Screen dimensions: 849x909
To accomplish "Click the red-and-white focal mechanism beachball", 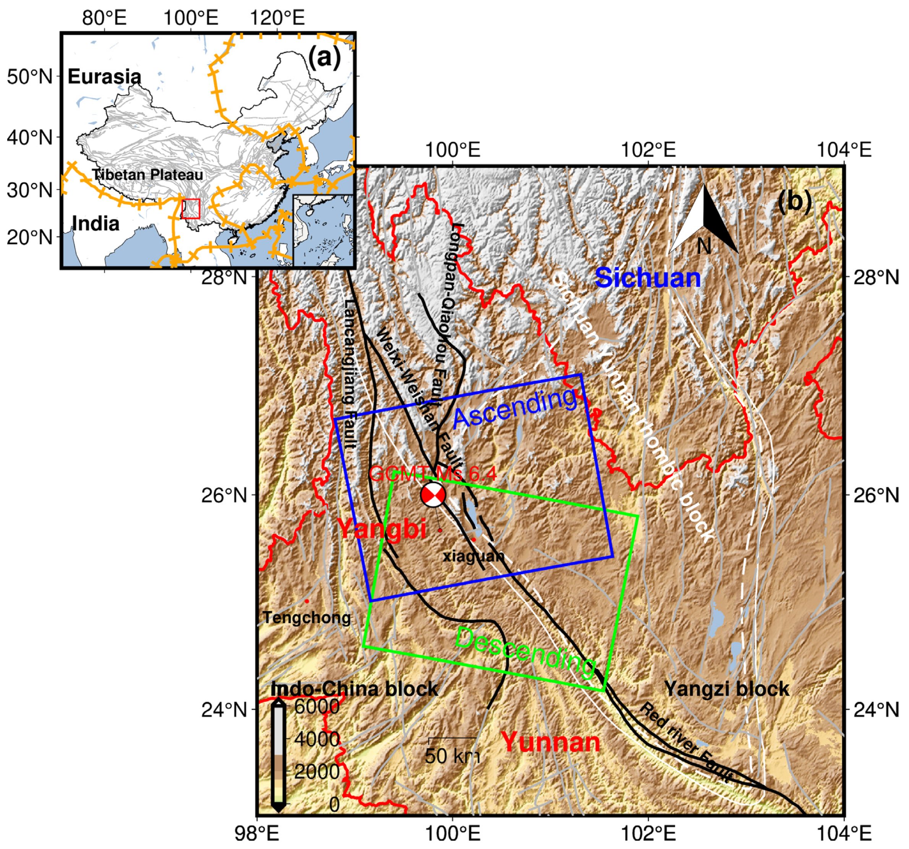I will pyautogui.click(x=433, y=494).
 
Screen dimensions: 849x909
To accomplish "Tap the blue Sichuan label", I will pyautogui.click(x=648, y=278).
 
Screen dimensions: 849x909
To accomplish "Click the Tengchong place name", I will pyautogui.click(x=307, y=618).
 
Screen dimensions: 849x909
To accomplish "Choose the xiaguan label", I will pyautogui.click(x=473, y=556).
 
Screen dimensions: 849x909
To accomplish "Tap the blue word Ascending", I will pyautogui.click(x=515, y=409).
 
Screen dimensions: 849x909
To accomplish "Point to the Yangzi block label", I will pyautogui.click(x=727, y=688).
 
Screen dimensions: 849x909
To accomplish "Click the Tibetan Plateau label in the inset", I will pyautogui.click(x=147, y=175).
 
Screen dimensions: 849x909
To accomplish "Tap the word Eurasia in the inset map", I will pyautogui.click(x=104, y=76).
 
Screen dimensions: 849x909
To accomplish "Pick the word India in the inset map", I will pyautogui.click(x=96, y=223).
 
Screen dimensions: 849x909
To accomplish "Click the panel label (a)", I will pyautogui.click(x=324, y=58).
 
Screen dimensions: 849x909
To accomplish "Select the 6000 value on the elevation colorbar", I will pyautogui.click(x=317, y=707).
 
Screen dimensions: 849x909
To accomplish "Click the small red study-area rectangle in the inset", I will pyautogui.click(x=191, y=209).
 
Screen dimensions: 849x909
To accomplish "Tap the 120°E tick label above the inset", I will pyautogui.click(x=277, y=18).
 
